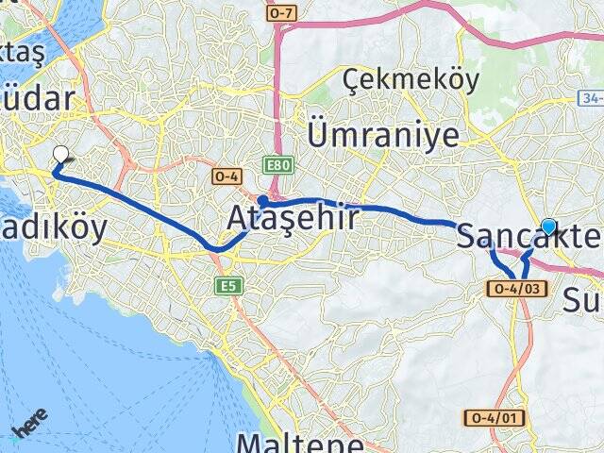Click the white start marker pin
pos(61,155)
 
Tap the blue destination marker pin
pos(548,226)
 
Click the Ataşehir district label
pos(293,219)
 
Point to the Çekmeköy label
pos(411,80)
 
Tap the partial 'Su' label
pos(583,300)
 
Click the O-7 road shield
pos(282,12)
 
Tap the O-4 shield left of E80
pos(227,176)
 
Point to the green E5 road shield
pos(226,284)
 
